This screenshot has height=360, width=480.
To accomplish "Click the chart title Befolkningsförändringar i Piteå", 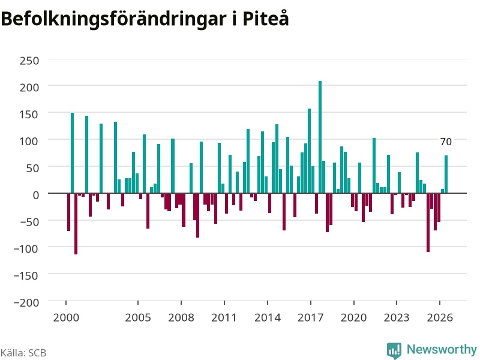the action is [x=145, y=19].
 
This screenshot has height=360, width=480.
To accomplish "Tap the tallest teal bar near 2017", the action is [x=320, y=137].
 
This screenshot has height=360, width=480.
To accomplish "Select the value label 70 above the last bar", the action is [x=446, y=142].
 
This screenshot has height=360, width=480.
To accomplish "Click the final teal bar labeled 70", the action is [x=446, y=175].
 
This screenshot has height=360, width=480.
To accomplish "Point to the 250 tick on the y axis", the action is [x=29, y=61].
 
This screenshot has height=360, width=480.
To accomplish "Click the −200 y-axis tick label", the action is [x=26, y=302].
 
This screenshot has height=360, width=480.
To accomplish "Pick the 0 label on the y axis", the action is [x=36, y=195].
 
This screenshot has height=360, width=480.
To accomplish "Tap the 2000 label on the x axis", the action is [x=66, y=317].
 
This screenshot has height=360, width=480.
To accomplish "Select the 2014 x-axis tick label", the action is [x=267, y=317].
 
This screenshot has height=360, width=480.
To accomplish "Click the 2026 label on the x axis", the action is [x=440, y=317].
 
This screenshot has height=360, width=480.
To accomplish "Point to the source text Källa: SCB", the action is [x=23, y=353].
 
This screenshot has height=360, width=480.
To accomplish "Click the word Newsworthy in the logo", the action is [x=442, y=349].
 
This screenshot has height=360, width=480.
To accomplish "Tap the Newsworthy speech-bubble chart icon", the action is [x=394, y=350].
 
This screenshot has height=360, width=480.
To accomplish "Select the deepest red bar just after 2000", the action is [x=76, y=224].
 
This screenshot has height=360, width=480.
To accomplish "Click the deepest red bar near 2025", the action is [x=428, y=223].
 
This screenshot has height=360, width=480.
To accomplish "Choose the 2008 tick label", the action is [x=181, y=317].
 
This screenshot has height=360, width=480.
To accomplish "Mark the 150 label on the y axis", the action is [x=29, y=115].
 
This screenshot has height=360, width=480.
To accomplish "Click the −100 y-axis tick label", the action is [x=26, y=248].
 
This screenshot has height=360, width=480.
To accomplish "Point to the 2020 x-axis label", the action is [x=353, y=317].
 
